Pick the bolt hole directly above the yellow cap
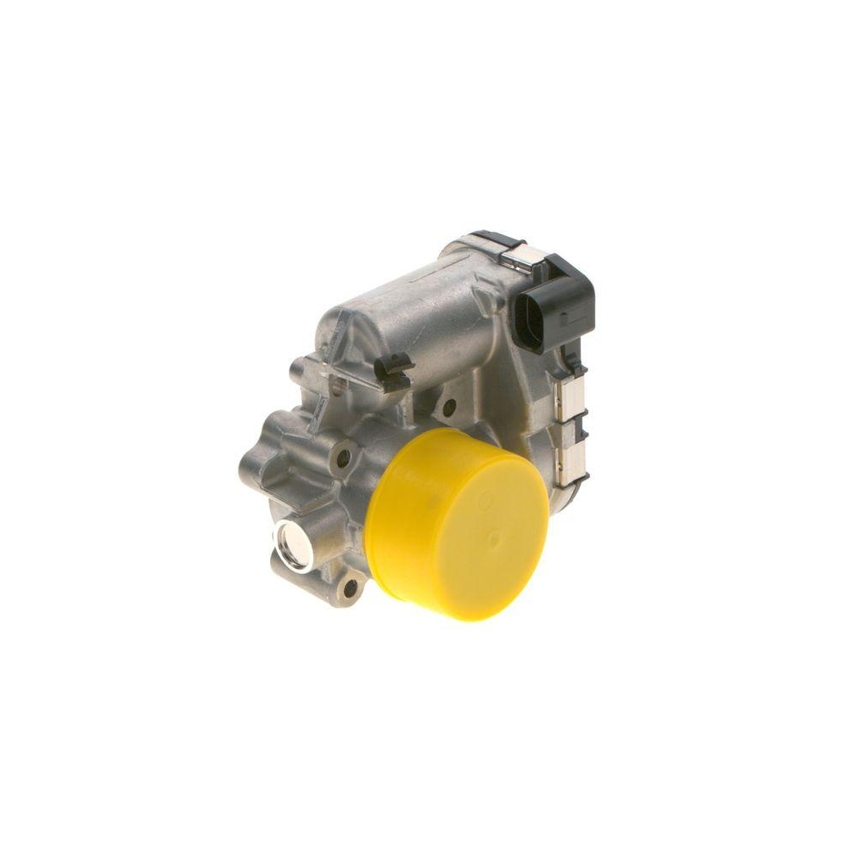447,413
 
